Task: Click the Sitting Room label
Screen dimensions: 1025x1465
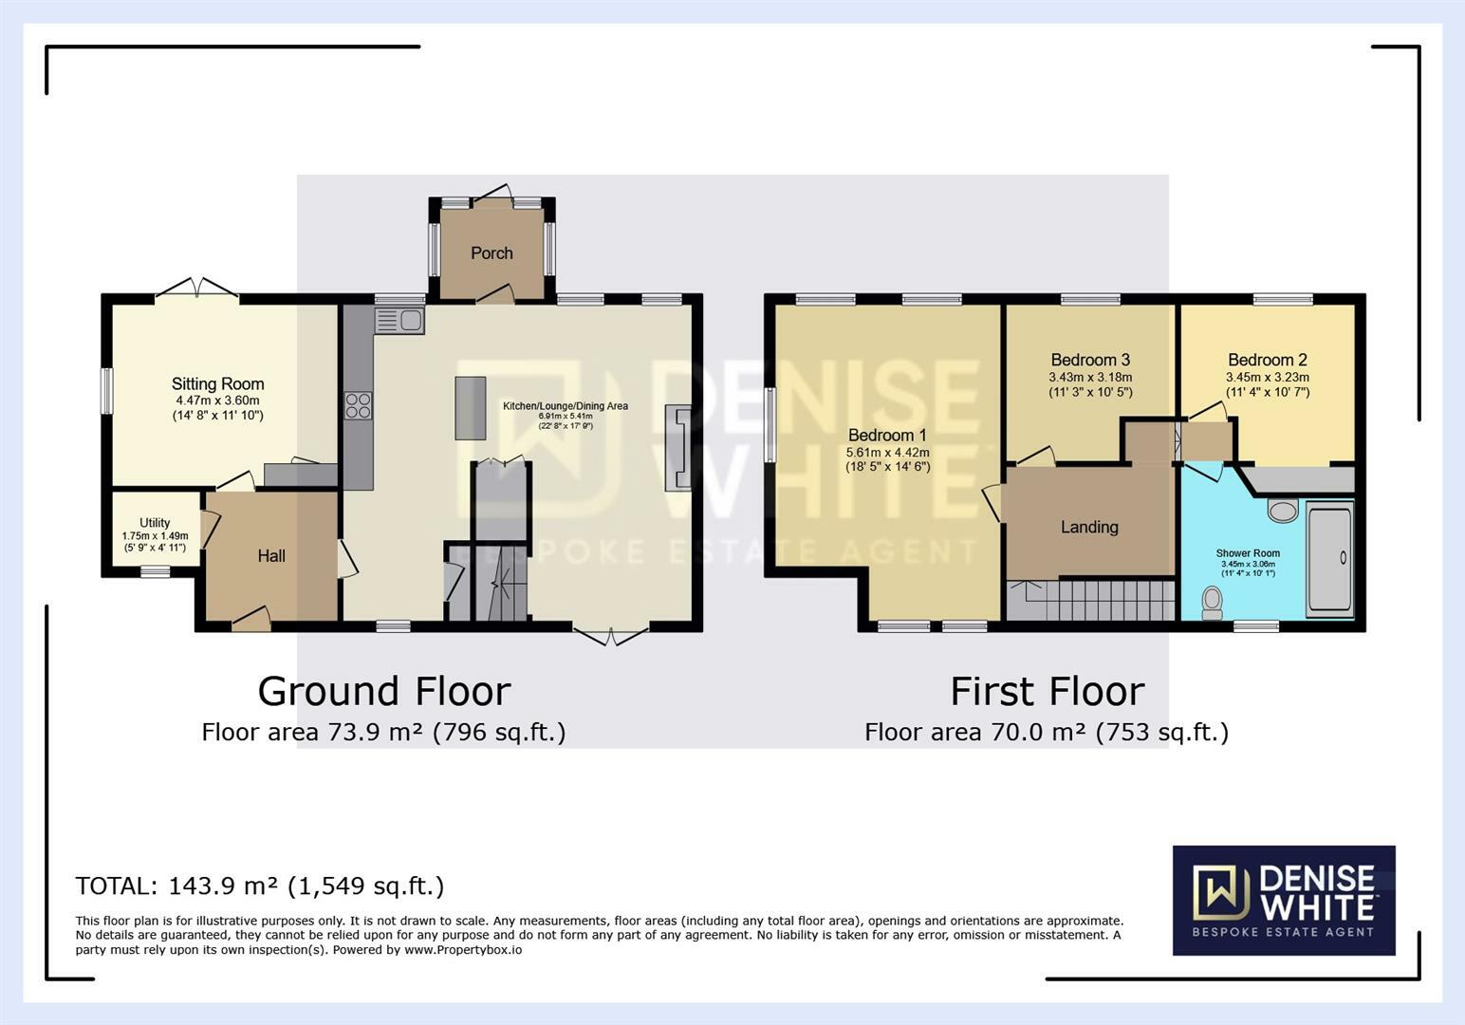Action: (x=217, y=384)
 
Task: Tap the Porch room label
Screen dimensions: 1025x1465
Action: (x=491, y=253)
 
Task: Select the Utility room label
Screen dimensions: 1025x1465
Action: (x=155, y=523)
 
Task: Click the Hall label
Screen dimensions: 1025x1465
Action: (x=271, y=556)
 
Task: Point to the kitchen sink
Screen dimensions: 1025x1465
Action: (x=399, y=321)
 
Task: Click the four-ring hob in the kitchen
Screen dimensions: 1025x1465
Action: (x=359, y=405)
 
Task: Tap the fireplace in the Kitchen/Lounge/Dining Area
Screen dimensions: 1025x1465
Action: (x=679, y=447)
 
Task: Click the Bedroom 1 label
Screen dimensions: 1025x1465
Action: (x=887, y=436)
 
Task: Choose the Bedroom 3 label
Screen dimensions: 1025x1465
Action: (x=1090, y=360)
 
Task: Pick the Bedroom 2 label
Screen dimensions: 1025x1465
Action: (x=1267, y=360)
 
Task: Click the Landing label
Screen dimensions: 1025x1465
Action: (x=1089, y=528)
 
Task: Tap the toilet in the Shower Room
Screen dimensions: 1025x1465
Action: (x=1212, y=603)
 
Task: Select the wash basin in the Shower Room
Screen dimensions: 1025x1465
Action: (x=1283, y=511)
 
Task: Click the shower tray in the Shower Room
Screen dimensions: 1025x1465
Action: (x=1329, y=560)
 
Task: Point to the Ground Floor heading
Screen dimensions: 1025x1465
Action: (x=384, y=691)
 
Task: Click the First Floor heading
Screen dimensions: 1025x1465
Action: (x=1047, y=691)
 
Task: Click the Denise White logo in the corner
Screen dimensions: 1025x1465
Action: (x=1284, y=900)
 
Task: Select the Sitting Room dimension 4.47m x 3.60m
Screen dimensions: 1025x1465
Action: (x=217, y=401)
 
